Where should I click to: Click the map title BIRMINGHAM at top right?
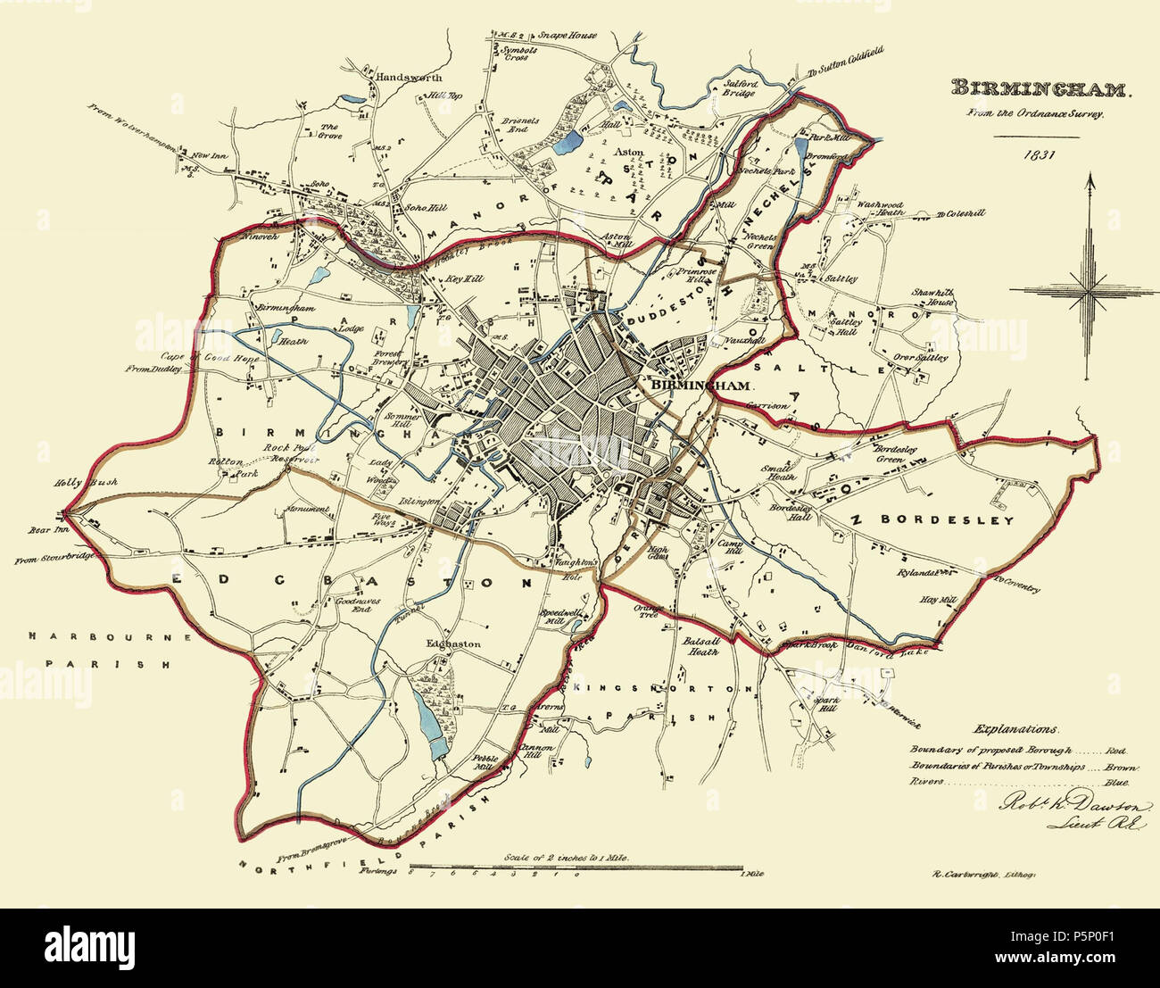click(1041, 89)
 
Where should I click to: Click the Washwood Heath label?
click(880, 210)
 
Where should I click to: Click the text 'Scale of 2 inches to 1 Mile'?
click(567, 856)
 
